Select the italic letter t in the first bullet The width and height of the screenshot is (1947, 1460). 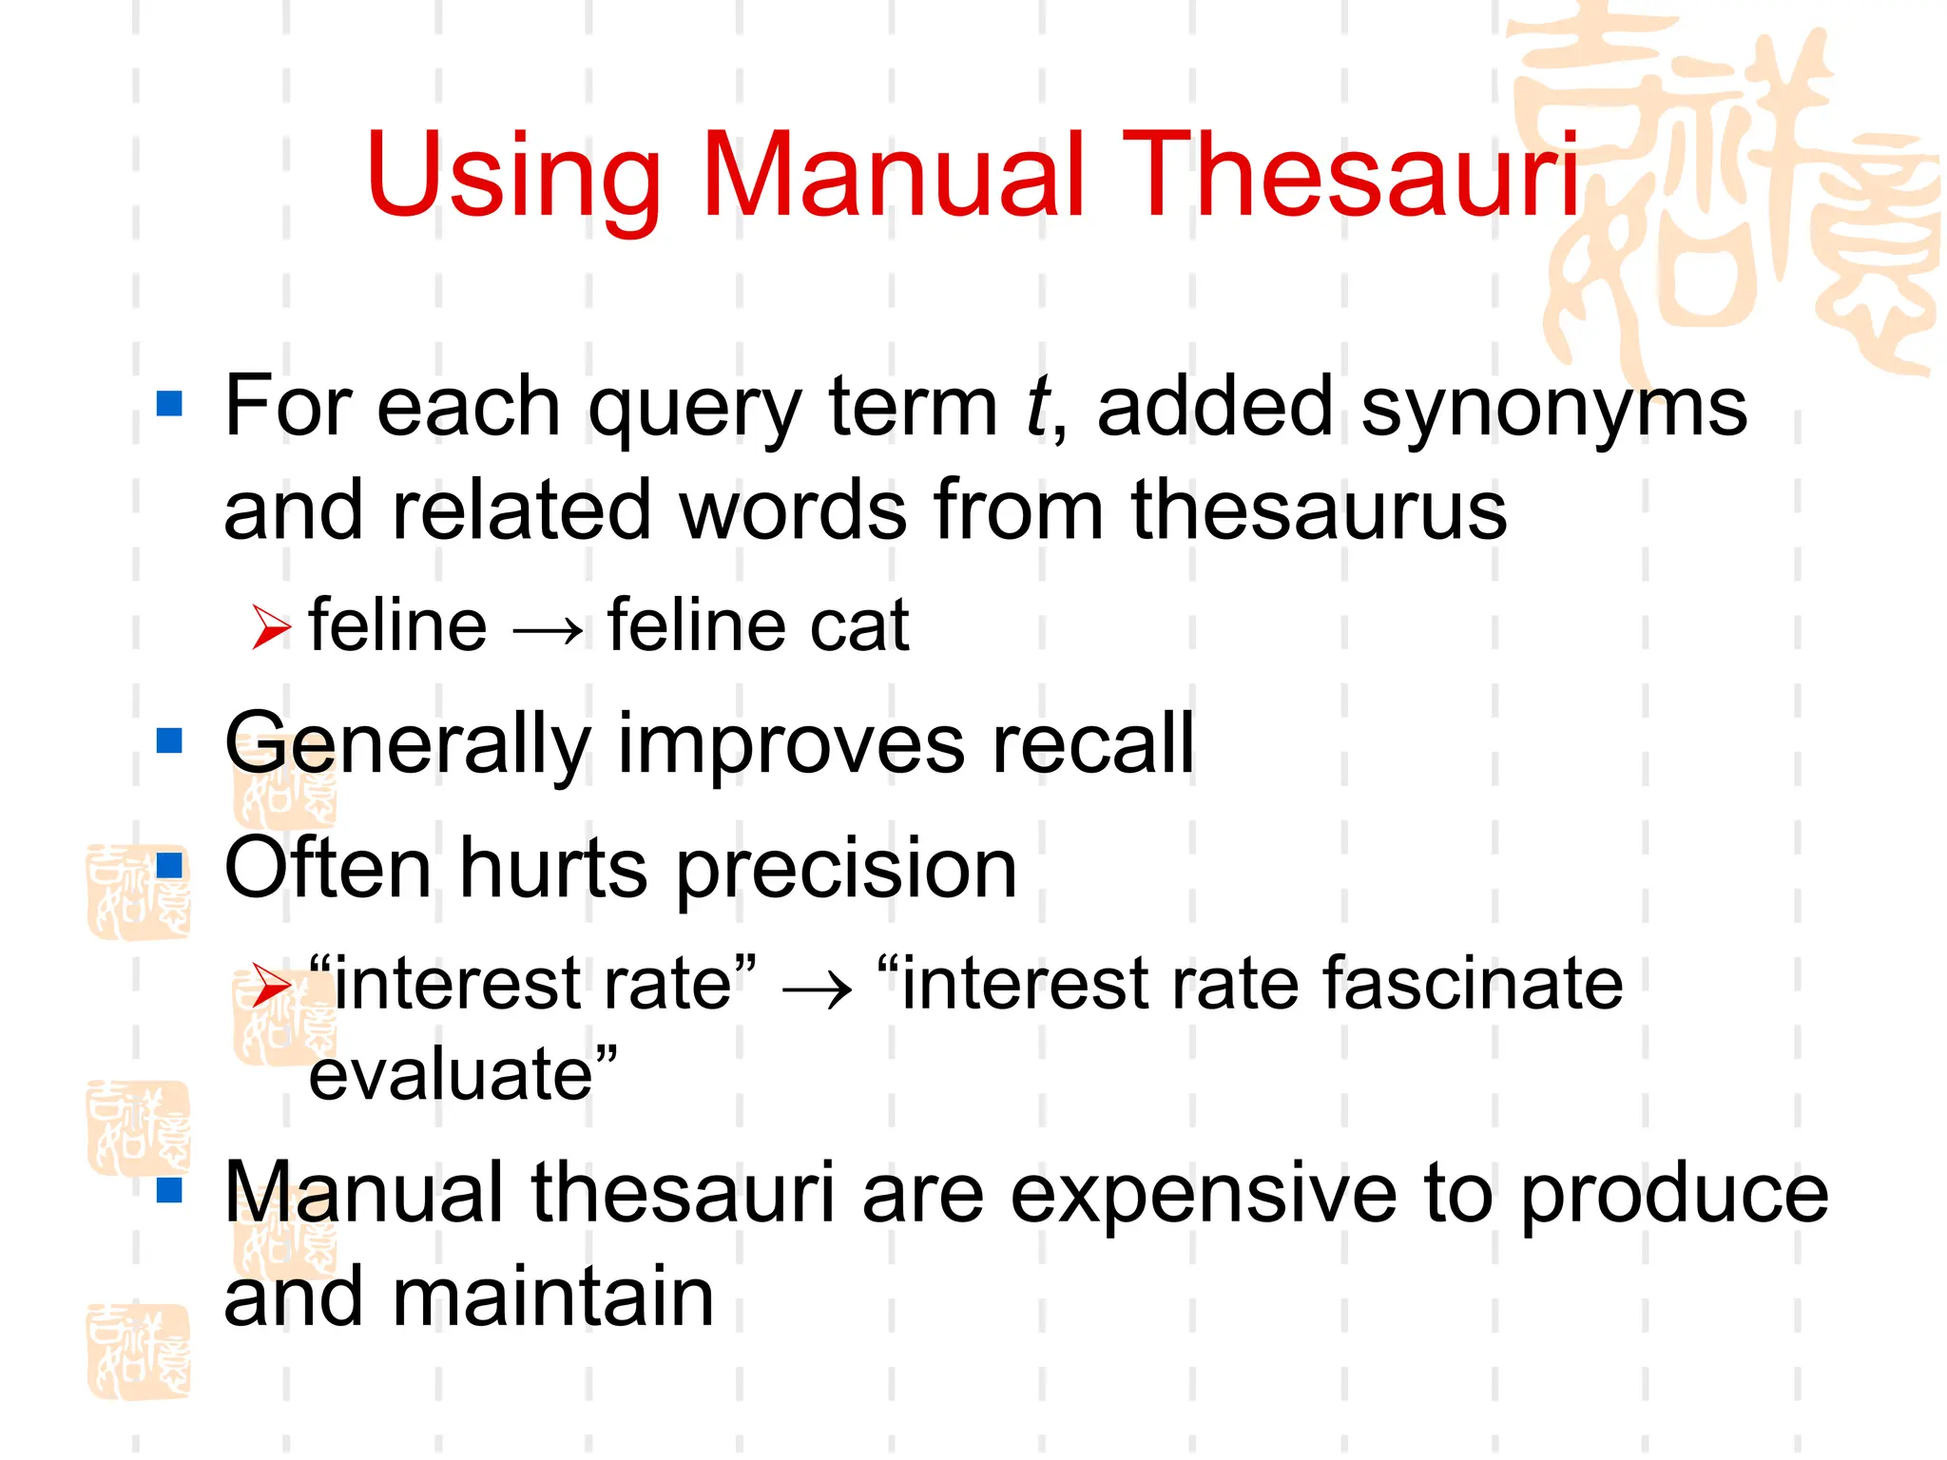click(1038, 407)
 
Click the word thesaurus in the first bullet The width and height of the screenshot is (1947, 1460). click(1319, 510)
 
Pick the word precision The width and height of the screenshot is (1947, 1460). click(846, 871)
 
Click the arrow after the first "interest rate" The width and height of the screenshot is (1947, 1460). click(816, 989)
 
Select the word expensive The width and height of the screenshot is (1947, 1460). click(1204, 1196)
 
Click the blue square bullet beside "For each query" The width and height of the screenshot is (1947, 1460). click(169, 404)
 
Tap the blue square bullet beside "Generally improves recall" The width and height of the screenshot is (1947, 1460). click(169, 740)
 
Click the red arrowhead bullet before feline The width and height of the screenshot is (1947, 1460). click(271, 628)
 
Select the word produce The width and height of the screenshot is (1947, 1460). click(1674, 1196)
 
